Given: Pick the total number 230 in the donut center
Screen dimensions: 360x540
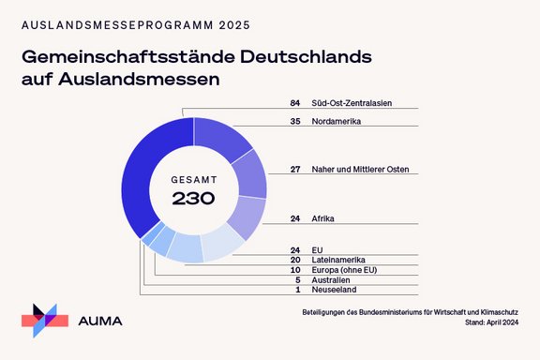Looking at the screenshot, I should tap(193, 198).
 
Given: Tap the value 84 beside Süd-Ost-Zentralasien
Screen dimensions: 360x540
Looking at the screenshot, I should tap(295, 103).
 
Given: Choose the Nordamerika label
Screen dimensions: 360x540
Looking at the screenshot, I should tap(338, 121).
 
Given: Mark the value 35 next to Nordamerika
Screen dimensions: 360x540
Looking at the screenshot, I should tap(295, 121).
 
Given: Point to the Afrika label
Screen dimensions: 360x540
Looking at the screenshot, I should tap(323, 218).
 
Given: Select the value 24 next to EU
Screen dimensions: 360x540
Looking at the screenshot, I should tap(295, 249).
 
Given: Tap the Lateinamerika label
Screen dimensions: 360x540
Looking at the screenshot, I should tap(339, 260).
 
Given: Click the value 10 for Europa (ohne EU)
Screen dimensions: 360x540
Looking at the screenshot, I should tap(295, 270).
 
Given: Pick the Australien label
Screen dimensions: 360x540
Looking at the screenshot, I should tap(331, 280).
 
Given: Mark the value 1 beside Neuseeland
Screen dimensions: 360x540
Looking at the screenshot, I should tap(297, 291).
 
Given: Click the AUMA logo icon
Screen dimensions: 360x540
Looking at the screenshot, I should tap(45, 320).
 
